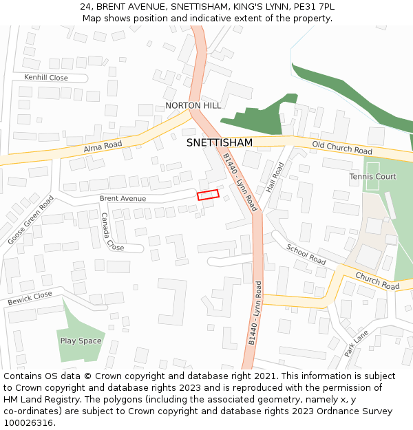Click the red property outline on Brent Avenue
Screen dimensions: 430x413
(x=208, y=195)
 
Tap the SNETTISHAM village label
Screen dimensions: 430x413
(x=219, y=142)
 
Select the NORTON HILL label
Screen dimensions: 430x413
(x=193, y=105)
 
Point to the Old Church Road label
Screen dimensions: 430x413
(x=342, y=147)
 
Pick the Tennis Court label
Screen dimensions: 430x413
(x=372, y=177)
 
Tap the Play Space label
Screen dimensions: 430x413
(x=81, y=341)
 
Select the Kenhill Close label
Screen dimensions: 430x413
(x=46, y=78)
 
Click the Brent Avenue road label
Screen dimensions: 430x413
(x=123, y=198)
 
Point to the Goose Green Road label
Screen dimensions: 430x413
(x=30, y=220)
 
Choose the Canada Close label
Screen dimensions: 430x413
(x=112, y=232)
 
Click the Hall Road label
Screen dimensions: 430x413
(x=275, y=177)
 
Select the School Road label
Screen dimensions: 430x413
(x=306, y=255)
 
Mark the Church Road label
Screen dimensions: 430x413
(x=377, y=281)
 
